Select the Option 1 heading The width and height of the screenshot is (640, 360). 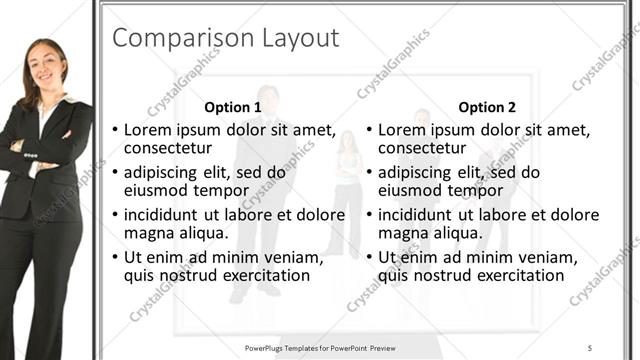click(x=233, y=107)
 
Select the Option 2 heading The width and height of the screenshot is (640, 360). click(x=488, y=107)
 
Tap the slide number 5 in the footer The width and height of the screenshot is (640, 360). click(x=590, y=347)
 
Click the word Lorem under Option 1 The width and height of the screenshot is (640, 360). click(x=149, y=130)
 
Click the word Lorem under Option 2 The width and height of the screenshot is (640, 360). click(x=404, y=130)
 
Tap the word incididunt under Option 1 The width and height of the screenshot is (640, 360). click(x=166, y=214)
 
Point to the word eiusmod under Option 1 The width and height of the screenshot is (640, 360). click(x=155, y=190)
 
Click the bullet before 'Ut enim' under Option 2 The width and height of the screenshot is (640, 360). click(x=369, y=257)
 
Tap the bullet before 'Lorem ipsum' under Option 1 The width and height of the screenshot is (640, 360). click(x=115, y=131)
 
